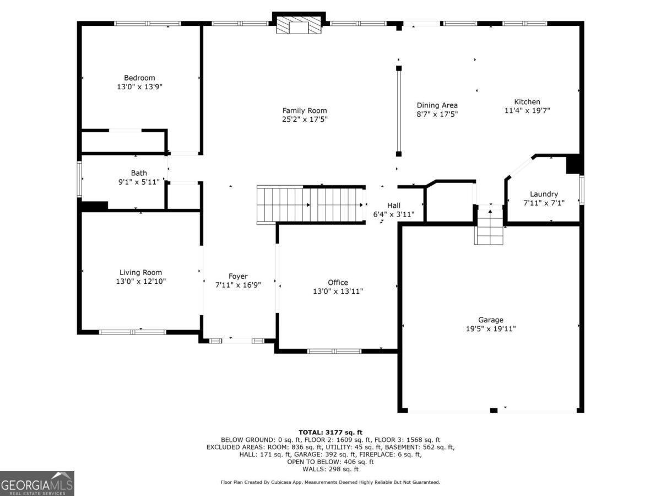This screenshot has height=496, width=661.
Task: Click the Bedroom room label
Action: [139, 78]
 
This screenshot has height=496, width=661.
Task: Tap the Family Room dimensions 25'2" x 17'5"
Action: [305, 119]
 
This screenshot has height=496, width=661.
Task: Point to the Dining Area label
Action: [437, 105]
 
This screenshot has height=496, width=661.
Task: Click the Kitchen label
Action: [527, 101]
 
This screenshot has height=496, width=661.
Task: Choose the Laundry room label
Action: [544, 194]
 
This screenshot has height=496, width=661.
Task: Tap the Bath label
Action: [139, 173]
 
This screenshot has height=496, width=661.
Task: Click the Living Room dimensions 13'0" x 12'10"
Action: [141, 281]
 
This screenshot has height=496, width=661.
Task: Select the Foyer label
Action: [238, 276]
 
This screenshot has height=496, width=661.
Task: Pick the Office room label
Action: [338, 282]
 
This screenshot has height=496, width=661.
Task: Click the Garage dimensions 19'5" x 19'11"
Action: [490, 328]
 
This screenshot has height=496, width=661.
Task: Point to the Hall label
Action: [394, 205]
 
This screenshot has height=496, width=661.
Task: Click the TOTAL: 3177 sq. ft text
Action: [330, 432]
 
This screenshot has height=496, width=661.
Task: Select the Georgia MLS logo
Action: [37, 483]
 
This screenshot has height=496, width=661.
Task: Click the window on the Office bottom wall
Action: [334, 351]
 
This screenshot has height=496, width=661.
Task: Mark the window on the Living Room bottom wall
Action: [132, 332]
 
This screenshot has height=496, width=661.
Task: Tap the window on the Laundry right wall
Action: [581, 190]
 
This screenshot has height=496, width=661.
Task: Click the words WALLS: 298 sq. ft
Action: [330, 469]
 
